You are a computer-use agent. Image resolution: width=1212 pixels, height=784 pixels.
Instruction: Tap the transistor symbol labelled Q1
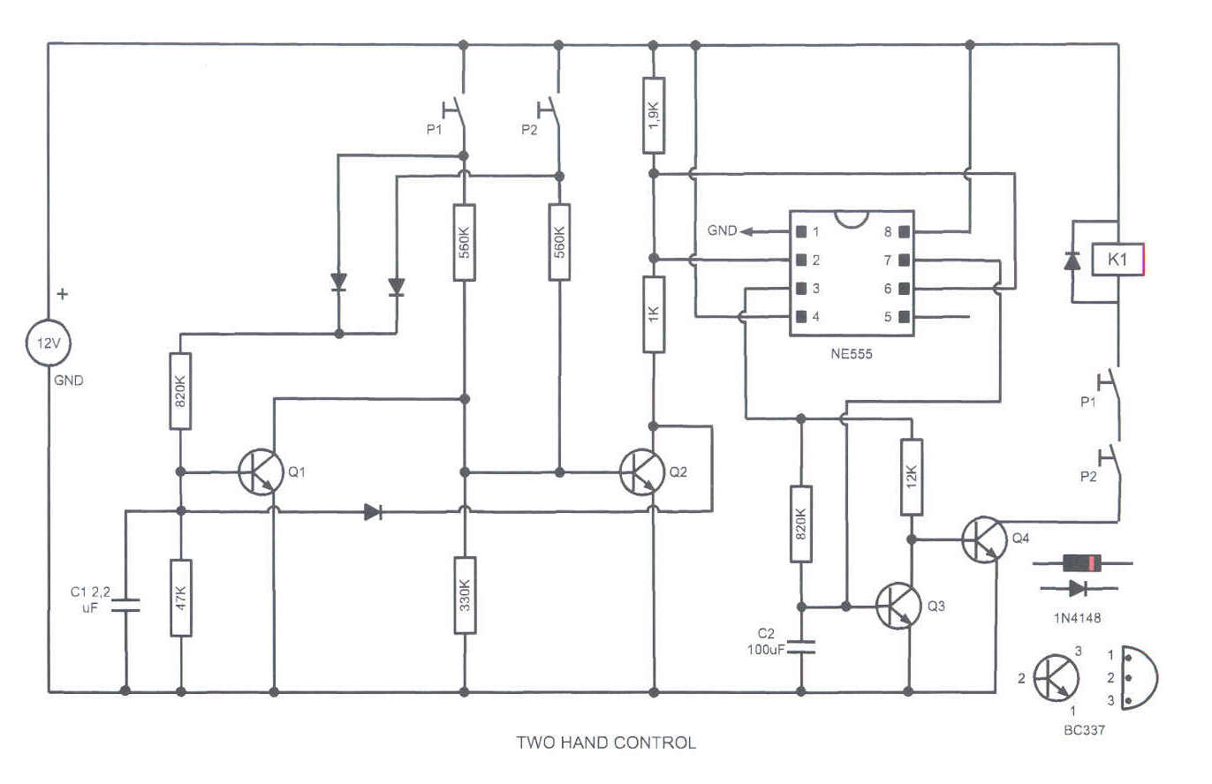(260, 472)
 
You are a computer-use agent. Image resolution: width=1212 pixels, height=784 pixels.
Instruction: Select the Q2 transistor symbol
(642, 472)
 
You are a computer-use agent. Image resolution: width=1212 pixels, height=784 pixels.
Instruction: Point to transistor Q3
(898, 607)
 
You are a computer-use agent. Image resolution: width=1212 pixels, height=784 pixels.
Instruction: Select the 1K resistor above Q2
(653, 314)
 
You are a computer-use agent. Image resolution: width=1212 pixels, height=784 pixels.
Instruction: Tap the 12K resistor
(912, 477)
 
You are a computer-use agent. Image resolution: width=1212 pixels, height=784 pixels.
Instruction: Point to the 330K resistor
(465, 595)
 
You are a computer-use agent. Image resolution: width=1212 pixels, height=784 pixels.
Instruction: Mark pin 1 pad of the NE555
(801, 232)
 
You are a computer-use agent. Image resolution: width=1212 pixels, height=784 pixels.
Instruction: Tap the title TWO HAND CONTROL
(606, 743)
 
